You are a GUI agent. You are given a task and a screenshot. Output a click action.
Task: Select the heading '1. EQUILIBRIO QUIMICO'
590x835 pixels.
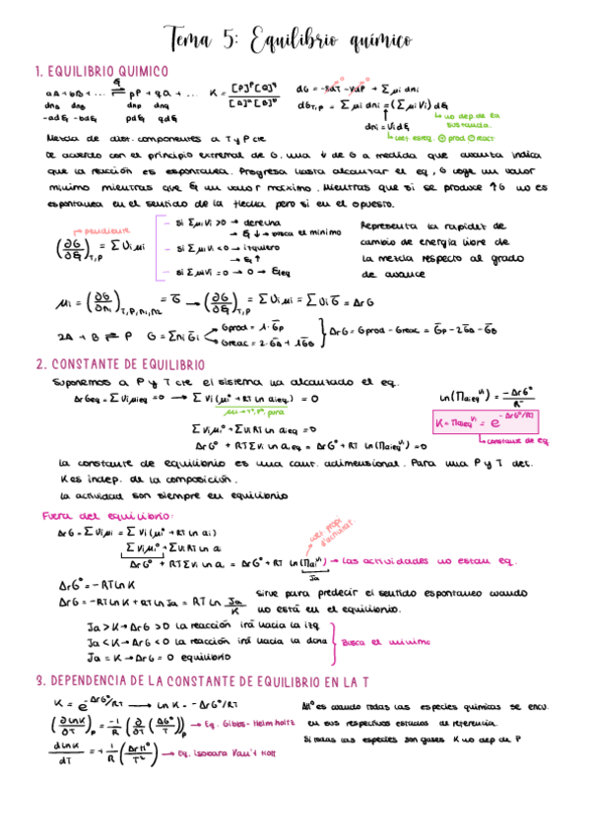pos(101,71)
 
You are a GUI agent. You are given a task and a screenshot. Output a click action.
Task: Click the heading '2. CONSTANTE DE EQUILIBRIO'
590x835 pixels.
pos(119,363)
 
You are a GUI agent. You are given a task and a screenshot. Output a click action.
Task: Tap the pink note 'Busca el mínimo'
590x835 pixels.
pos(379,640)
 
